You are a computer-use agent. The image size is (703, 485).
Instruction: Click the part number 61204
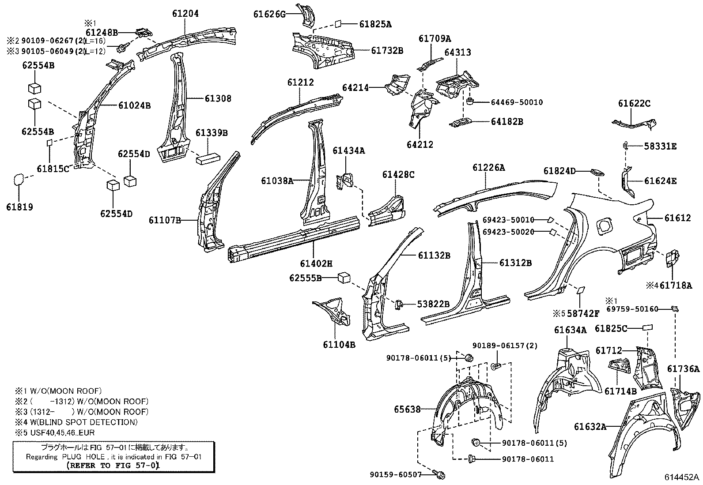[x=185, y=14]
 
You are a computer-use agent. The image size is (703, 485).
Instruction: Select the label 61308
[x=218, y=98]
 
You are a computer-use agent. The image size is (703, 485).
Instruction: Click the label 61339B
[x=212, y=132]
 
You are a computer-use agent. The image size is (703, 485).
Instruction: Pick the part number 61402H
[x=316, y=263]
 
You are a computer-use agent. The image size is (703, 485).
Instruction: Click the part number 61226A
[x=488, y=168]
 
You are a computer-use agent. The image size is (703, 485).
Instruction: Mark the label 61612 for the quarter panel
[x=677, y=218]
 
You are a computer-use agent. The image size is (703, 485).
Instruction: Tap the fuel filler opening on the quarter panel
[x=604, y=226]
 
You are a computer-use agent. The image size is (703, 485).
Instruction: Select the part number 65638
[x=407, y=410]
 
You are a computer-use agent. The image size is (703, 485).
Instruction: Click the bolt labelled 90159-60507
[x=440, y=475]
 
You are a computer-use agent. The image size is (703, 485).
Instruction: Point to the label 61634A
[x=571, y=330]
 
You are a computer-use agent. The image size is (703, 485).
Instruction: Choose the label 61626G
[x=269, y=14]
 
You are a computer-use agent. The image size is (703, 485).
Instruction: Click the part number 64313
[x=457, y=53]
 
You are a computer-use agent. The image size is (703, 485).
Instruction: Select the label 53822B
[x=434, y=304]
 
